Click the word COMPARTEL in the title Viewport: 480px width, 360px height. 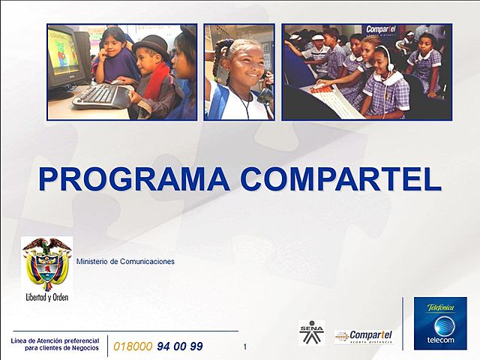(x=342, y=179)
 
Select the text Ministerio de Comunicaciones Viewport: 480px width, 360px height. (x=125, y=262)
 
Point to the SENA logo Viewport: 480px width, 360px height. (x=311, y=332)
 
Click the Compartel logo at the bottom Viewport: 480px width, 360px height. (x=364, y=336)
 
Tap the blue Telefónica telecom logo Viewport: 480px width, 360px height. (x=440, y=323)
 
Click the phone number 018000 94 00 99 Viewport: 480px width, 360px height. (x=157, y=346)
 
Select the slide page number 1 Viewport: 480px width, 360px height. (x=245, y=346)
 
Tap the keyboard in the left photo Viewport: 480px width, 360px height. (x=101, y=95)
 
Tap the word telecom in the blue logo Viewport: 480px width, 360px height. (x=441, y=340)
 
